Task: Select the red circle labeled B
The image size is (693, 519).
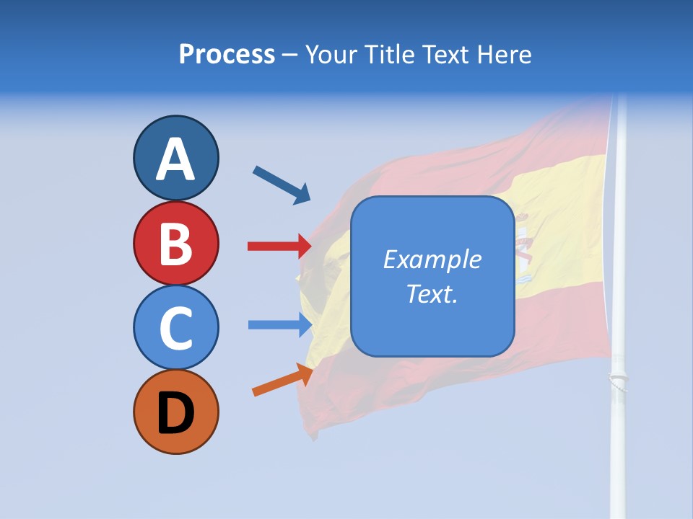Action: pyautogui.click(x=175, y=244)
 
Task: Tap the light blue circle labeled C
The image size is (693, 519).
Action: pyautogui.click(x=175, y=328)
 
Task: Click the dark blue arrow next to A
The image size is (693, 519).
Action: pyautogui.click(x=282, y=185)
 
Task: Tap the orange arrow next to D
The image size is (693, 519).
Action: pyautogui.click(x=282, y=379)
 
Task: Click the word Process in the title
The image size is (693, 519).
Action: pyautogui.click(x=227, y=54)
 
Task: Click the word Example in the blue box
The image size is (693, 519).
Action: pyautogui.click(x=432, y=259)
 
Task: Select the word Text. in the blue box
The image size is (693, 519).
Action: pyautogui.click(x=432, y=293)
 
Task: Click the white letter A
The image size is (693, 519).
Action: pyautogui.click(x=175, y=160)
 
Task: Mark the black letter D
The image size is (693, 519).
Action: pyautogui.click(x=175, y=413)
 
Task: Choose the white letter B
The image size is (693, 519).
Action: pyautogui.click(x=175, y=244)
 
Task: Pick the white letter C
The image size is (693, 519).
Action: pyautogui.click(x=175, y=328)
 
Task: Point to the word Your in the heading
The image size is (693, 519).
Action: pyautogui.click(x=332, y=54)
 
